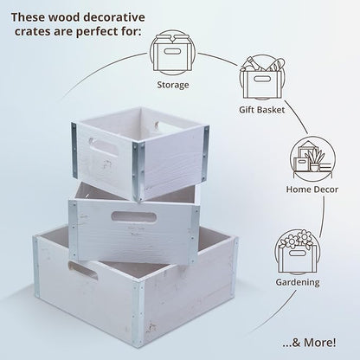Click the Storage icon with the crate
pos(172,53)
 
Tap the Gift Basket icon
pos(262,77)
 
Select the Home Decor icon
pos(312,158)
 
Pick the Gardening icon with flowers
pos(298,252)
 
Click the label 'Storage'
pos(173,85)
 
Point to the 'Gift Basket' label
pos(262,110)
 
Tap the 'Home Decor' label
pos(312,190)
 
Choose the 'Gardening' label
pos(298,282)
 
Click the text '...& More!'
pos(309,343)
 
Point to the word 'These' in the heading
pos(28,17)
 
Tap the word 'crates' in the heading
pos(32,32)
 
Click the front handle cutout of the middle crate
pos(134,217)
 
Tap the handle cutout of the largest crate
pos(83,271)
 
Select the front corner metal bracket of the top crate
pos(138,172)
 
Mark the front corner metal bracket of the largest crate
pos(138,313)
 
